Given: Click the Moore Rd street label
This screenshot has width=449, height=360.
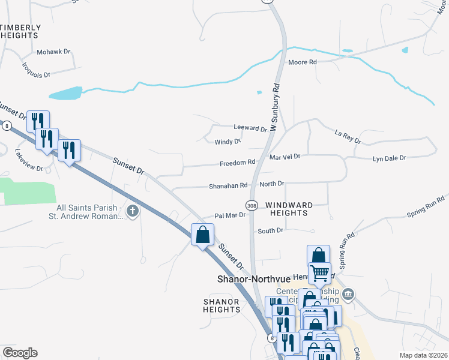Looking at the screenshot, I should (x=302, y=62).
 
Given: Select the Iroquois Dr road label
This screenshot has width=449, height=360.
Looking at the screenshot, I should (x=36, y=70).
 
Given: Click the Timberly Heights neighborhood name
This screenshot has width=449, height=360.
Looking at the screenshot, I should (x=22, y=32).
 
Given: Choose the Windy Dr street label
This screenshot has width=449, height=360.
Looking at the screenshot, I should (x=228, y=142).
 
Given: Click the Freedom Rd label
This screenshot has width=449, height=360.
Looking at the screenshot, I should (x=238, y=162).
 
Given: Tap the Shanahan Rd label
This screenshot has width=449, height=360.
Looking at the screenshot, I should (x=228, y=186).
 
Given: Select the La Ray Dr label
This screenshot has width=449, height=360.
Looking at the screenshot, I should (x=348, y=138).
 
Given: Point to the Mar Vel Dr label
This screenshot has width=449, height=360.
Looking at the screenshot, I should (x=285, y=156).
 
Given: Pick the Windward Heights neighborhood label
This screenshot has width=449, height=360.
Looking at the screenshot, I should (x=286, y=209).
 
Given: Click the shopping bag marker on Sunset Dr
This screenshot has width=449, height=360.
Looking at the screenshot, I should (x=202, y=234).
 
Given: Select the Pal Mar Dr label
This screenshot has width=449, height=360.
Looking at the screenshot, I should (x=231, y=215).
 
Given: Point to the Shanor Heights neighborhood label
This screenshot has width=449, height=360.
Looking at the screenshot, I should (x=221, y=305).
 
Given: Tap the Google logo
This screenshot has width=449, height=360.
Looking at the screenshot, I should (x=20, y=353).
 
